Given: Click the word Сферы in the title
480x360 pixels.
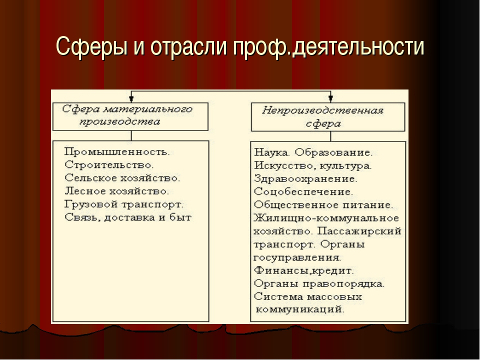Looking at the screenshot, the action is click(x=91, y=46).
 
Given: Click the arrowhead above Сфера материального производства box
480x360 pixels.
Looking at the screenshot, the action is click(x=131, y=98).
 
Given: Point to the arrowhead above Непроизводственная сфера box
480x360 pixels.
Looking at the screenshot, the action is click(x=330, y=98).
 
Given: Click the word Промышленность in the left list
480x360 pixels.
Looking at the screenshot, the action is click(x=116, y=152).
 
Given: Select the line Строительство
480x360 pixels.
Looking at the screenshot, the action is click(x=109, y=165).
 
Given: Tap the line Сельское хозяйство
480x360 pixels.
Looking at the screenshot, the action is click(x=122, y=178).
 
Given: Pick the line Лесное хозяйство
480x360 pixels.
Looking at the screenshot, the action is click(x=116, y=191).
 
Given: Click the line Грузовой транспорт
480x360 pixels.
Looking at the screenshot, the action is click(x=123, y=204).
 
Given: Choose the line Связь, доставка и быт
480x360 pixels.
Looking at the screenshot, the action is click(x=127, y=217).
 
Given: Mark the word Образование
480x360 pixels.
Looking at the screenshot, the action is click(x=334, y=152).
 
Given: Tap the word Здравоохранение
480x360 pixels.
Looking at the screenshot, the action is click(x=305, y=179).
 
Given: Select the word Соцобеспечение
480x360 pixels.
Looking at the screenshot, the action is click(x=303, y=192).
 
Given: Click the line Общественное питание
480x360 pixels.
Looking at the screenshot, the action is click(x=323, y=205).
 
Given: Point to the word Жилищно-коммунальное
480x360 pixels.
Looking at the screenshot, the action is click(x=326, y=218).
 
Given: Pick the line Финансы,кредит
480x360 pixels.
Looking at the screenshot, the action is click(x=303, y=270).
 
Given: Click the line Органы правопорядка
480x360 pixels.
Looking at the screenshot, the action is click(x=319, y=284).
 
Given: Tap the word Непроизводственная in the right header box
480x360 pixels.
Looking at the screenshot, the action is click(x=322, y=110).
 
